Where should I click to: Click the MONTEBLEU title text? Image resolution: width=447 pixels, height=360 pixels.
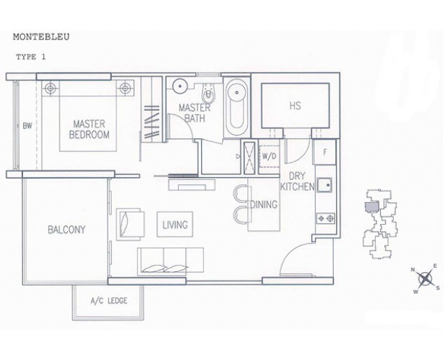click(x=41, y=37)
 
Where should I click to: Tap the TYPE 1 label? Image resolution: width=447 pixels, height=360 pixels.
click(x=31, y=57)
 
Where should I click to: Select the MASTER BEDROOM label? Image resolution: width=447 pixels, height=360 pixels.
click(x=89, y=129)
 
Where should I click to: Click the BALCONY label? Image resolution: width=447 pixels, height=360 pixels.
click(x=66, y=230)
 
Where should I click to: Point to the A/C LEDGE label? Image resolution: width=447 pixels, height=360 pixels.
click(x=109, y=301)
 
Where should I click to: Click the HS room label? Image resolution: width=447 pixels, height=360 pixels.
click(x=295, y=106)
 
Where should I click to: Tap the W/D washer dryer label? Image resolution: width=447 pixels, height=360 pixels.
click(x=269, y=156)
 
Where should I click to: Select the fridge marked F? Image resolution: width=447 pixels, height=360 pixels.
click(x=324, y=152)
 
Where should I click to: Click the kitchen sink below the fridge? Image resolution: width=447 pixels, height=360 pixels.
click(x=324, y=185)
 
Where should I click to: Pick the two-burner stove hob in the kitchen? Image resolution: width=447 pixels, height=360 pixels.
click(x=325, y=218)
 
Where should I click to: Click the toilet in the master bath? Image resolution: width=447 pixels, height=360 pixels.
click(x=209, y=93)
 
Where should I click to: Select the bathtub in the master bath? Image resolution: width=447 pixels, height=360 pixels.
click(x=236, y=107)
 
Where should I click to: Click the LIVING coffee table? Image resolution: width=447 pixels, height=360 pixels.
click(x=175, y=224)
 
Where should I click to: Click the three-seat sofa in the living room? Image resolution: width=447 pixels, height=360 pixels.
click(x=170, y=262)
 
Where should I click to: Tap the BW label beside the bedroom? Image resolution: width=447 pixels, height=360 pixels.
click(x=27, y=126)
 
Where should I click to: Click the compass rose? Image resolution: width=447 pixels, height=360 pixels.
click(x=425, y=278)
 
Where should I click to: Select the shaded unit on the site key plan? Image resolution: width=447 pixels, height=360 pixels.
click(x=372, y=207)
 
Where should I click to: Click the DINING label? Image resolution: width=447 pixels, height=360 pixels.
click(x=264, y=204)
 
